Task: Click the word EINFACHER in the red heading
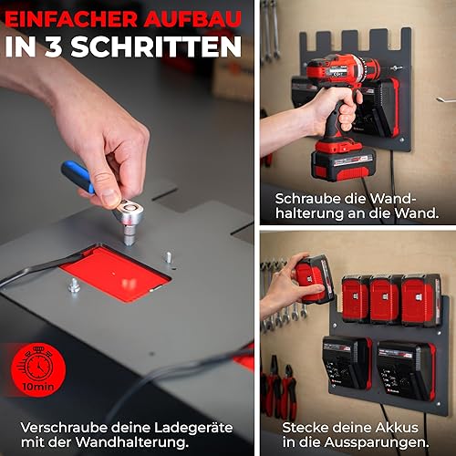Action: click(x=71, y=19)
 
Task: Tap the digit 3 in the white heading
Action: click(x=54, y=47)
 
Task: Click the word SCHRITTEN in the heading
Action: click(x=156, y=47)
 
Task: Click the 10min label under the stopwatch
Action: click(x=38, y=387)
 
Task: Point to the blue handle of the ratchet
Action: click(x=78, y=176)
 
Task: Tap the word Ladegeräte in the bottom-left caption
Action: click(x=193, y=428)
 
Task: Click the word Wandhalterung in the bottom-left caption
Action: click(x=130, y=441)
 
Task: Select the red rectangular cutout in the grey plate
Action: click(x=115, y=274)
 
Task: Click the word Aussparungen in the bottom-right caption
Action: click(x=377, y=442)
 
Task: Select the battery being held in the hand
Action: click(x=315, y=279)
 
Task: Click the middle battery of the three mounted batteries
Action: click(x=385, y=299)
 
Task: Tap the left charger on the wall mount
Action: click(x=347, y=363)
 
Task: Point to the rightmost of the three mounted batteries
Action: click(x=421, y=300)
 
